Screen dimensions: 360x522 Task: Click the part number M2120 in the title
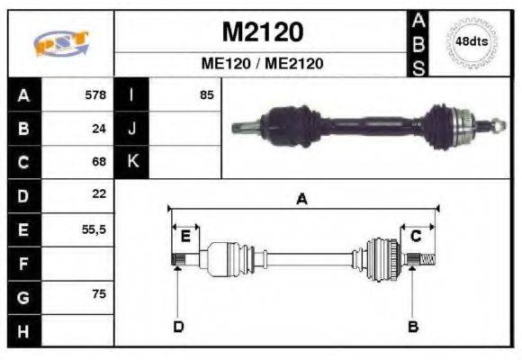click(x=262, y=33)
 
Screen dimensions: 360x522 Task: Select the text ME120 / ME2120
click(x=262, y=64)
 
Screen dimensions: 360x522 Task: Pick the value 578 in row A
click(x=94, y=94)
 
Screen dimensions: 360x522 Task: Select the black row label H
click(x=22, y=330)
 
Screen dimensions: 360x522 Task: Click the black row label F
click(x=22, y=263)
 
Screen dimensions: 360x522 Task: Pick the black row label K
click(x=131, y=162)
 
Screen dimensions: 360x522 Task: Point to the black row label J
click(x=131, y=128)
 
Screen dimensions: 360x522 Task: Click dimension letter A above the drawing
click(x=301, y=200)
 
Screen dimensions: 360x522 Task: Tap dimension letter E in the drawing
click(x=185, y=236)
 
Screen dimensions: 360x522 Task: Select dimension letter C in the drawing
click(x=416, y=236)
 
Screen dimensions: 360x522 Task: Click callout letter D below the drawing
click(x=178, y=326)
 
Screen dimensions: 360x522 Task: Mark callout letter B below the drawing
click(x=413, y=326)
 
